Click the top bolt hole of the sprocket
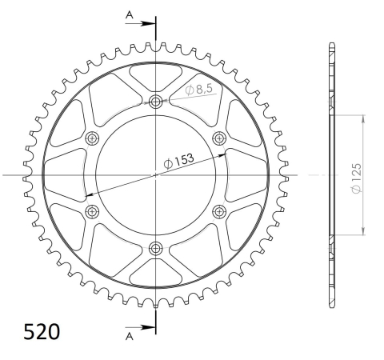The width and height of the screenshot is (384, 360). (x=155, y=101)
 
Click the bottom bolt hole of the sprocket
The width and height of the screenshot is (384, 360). (x=155, y=247)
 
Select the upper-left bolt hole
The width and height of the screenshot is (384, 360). (x=92, y=138)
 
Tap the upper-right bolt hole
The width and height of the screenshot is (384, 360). (x=219, y=138)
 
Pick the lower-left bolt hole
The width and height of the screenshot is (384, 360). (x=92, y=210)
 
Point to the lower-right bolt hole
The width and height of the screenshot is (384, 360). (x=219, y=210)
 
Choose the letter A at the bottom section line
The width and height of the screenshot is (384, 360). (x=129, y=337)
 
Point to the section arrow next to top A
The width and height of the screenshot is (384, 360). (x=146, y=23)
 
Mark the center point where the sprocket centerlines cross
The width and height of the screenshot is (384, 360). (x=155, y=174)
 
